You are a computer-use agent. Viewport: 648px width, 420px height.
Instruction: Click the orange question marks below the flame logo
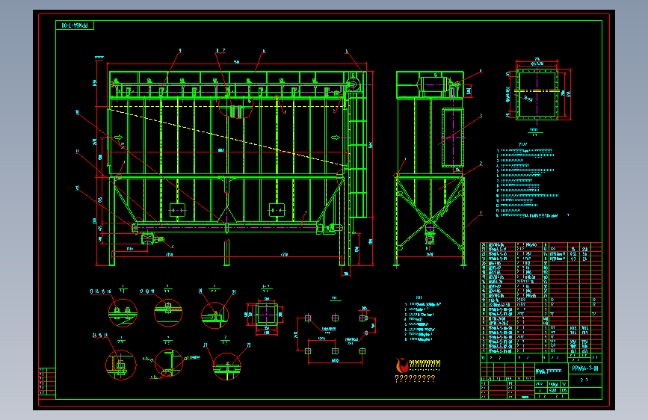pyautogui.click(x=414, y=378)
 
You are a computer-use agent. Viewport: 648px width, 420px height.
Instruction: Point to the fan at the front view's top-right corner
pyautogui.click(x=353, y=80)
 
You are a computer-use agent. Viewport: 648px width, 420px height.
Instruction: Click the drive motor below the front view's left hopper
pyautogui.click(x=148, y=239)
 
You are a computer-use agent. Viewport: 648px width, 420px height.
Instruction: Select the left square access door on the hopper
pyautogui.click(x=177, y=210)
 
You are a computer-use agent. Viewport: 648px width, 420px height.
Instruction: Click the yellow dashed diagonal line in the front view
pyautogui.click(x=224, y=135)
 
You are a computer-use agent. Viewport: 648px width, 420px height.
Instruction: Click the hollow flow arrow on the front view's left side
pyautogui.click(x=117, y=138)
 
